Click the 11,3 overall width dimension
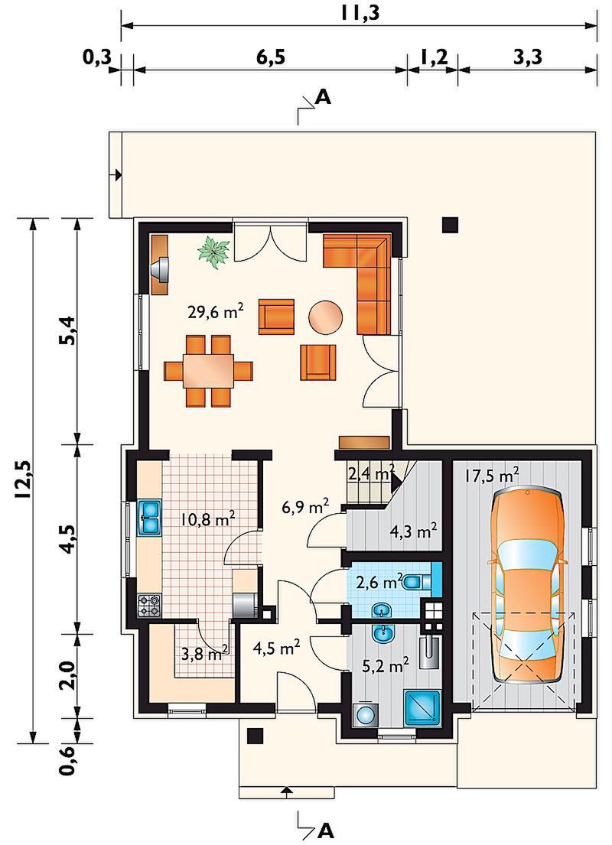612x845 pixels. (360, 13)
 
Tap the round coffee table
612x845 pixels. (326, 316)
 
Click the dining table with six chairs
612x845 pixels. (209, 371)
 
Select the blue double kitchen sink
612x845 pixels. (150, 518)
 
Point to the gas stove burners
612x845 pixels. (150, 605)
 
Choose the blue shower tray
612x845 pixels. (423, 706)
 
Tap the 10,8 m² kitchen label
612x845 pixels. (207, 520)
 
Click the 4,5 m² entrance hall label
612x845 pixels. (276, 647)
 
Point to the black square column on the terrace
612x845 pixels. (451, 224)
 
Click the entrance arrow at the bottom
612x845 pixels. (287, 791)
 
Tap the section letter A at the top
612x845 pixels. (323, 97)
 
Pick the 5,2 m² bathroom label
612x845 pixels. (384, 666)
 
